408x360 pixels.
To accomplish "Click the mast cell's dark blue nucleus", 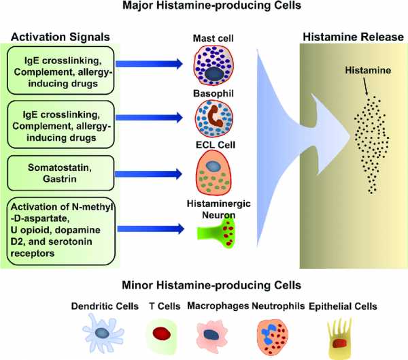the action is [x=215, y=73].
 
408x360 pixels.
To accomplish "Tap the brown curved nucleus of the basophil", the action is [x=214, y=116].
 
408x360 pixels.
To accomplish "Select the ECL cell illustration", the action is [x=213, y=172].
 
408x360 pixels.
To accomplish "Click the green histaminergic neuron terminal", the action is [x=218, y=232].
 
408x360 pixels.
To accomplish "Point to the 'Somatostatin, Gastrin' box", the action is [x=61, y=173].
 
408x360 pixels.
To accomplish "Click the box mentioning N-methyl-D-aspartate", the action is [x=61, y=231].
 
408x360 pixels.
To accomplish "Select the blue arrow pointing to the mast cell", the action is [x=149, y=64].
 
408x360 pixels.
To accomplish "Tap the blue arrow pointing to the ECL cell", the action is [x=148, y=174].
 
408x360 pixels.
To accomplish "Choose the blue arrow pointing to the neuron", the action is [x=151, y=229].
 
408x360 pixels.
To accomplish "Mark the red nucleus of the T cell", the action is [x=161, y=333].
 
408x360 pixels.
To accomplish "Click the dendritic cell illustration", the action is [x=103, y=333].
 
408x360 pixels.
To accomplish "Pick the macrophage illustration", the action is [x=211, y=334].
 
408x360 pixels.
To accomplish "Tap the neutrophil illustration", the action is [x=273, y=336].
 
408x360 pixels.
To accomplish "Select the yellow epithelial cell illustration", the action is [x=339, y=338].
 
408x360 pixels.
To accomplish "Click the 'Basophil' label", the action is [x=214, y=93].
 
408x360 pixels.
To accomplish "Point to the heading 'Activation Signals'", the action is [x=61, y=37].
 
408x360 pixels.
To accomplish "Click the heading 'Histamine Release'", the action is [x=354, y=37].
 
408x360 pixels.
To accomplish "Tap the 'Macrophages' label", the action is [x=218, y=306].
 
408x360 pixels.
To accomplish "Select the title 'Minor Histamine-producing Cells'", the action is [x=211, y=285].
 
